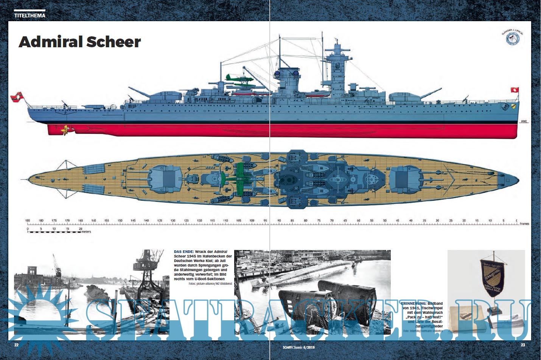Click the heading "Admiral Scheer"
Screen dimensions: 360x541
click(80, 42)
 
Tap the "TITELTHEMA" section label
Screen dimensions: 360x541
click(30, 16)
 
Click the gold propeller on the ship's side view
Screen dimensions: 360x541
click(66, 130)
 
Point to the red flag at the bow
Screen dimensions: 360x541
click(515, 90)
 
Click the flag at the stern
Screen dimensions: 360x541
click(16, 97)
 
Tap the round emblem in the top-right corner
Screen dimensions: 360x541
click(513, 38)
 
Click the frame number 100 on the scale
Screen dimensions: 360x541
click(252, 220)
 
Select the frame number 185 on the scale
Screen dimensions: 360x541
click(28, 220)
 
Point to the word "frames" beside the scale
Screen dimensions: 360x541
click(524, 224)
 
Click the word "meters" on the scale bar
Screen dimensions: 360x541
click(86, 232)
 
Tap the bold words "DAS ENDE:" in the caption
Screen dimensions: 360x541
click(184, 251)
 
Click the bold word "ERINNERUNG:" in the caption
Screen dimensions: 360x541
click(414, 304)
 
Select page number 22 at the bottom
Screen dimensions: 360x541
click(16, 345)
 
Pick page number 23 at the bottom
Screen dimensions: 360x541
click(523, 345)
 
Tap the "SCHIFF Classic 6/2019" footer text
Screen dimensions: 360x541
click(293, 347)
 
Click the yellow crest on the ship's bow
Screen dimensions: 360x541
click(513, 107)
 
